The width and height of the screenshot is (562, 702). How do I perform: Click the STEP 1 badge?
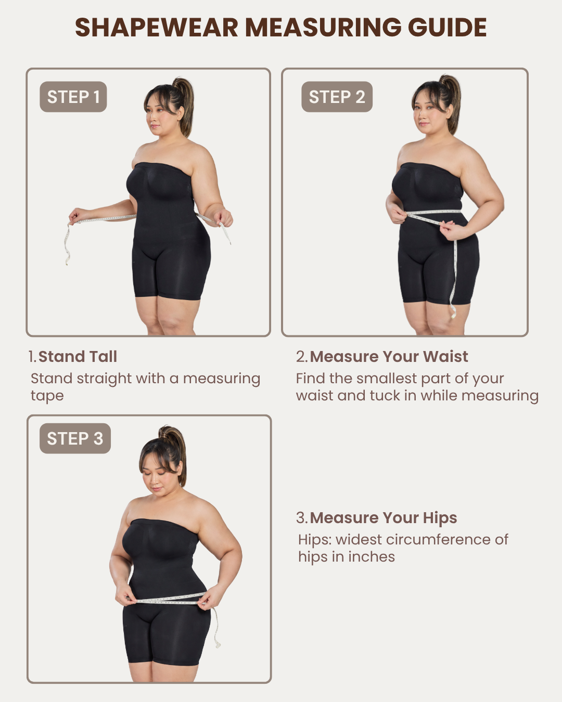point(73,97)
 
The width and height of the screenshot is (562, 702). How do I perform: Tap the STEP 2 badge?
point(337,97)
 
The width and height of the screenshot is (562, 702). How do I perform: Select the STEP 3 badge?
point(75,438)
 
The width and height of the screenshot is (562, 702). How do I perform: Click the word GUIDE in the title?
point(447,28)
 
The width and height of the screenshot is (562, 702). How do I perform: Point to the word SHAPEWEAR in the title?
point(157,28)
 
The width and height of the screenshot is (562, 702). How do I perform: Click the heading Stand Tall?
point(78,356)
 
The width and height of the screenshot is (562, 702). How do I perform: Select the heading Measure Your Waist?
point(389,356)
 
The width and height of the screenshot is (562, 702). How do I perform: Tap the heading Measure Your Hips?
point(383,518)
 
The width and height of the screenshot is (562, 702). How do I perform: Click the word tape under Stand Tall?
point(47,396)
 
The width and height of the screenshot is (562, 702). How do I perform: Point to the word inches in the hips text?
point(372,556)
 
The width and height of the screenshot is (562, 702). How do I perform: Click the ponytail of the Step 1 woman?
point(185,105)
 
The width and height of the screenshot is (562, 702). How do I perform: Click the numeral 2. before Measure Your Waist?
point(302,356)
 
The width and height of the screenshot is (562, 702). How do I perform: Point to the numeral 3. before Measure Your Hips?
point(302,518)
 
